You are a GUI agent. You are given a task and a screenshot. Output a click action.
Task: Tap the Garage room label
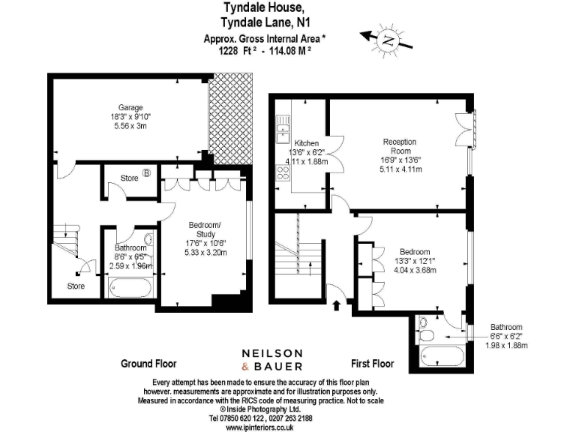coord(130,108)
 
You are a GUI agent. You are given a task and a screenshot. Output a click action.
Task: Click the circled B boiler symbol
coord(147,173)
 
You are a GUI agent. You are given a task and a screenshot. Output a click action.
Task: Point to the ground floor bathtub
coord(130,287)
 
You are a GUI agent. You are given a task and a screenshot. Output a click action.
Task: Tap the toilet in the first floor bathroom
coord(424,323)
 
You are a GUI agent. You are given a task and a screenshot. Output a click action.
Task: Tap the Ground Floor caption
coord(148,364)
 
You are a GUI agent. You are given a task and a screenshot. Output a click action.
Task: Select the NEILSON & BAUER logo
coord(271,359)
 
